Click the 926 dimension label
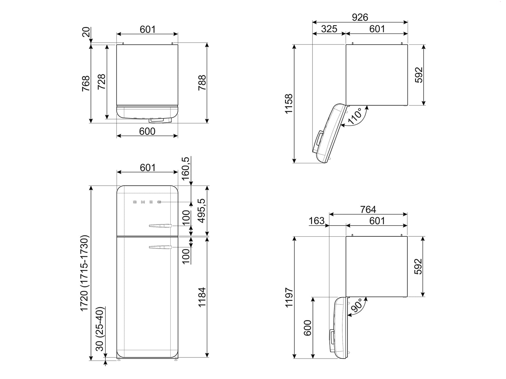point(360,17)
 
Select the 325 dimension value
point(329,29)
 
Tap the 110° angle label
point(355,117)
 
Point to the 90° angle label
point(356,306)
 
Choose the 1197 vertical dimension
point(289,297)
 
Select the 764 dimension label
point(368,209)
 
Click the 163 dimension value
point(317,220)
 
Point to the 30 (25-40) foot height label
point(100,328)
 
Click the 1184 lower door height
point(201,297)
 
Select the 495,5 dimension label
point(201,210)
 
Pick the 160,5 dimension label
point(186,168)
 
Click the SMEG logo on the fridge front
point(147,202)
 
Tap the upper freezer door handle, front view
point(160,226)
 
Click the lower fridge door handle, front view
point(160,247)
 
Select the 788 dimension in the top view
point(202,83)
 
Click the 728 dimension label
point(102,82)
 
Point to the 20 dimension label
point(86,32)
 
